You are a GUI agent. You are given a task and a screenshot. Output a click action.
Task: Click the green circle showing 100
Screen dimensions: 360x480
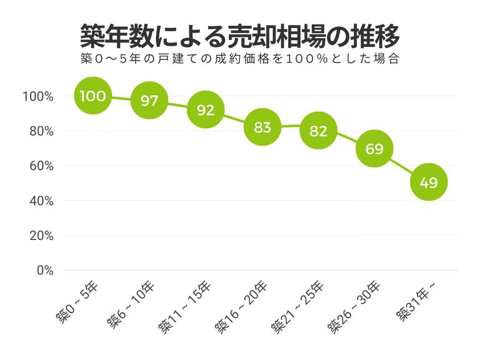[92, 96]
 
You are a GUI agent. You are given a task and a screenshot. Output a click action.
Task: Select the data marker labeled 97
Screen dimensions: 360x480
[149, 101]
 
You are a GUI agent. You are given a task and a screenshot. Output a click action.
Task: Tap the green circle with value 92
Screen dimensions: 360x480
[206, 109]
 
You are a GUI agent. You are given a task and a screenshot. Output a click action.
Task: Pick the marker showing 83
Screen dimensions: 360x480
[262, 127]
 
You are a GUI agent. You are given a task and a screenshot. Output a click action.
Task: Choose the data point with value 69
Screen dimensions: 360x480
[374, 149]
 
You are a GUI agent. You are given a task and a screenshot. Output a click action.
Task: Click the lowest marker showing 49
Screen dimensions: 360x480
[429, 182]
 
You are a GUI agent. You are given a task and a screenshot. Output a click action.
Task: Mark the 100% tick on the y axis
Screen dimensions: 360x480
[37, 97]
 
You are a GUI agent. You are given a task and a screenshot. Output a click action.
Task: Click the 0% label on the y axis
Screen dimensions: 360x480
[43, 271]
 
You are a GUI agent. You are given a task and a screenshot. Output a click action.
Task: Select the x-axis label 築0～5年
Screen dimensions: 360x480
[76, 301]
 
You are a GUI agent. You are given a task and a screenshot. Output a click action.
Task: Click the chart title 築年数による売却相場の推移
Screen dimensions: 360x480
[239, 37]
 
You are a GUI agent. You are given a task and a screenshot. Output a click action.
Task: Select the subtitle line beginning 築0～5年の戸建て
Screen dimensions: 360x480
[239, 61]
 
